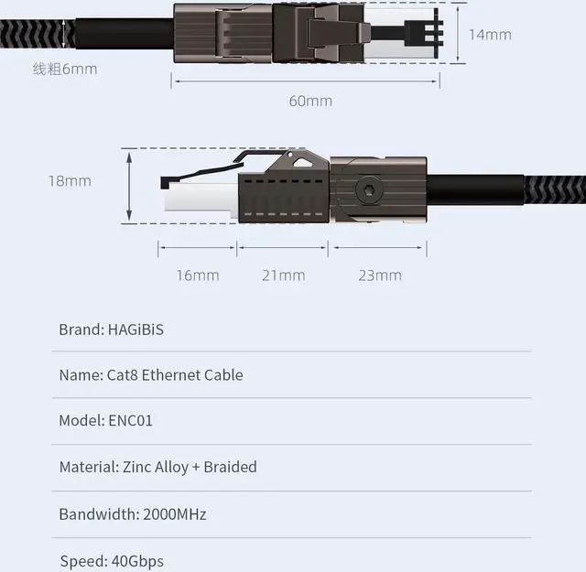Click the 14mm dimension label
(x=489, y=35)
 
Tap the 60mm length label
(x=310, y=101)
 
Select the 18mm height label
(x=71, y=180)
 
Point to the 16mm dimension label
(x=198, y=275)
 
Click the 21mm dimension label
(x=283, y=275)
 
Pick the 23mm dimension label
(x=379, y=275)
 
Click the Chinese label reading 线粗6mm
(x=65, y=69)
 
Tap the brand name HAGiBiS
(x=136, y=329)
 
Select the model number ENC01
(x=130, y=421)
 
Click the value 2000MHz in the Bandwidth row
(x=175, y=513)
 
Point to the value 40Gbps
(x=136, y=560)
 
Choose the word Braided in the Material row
(x=230, y=467)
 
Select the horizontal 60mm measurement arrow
(x=306, y=82)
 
